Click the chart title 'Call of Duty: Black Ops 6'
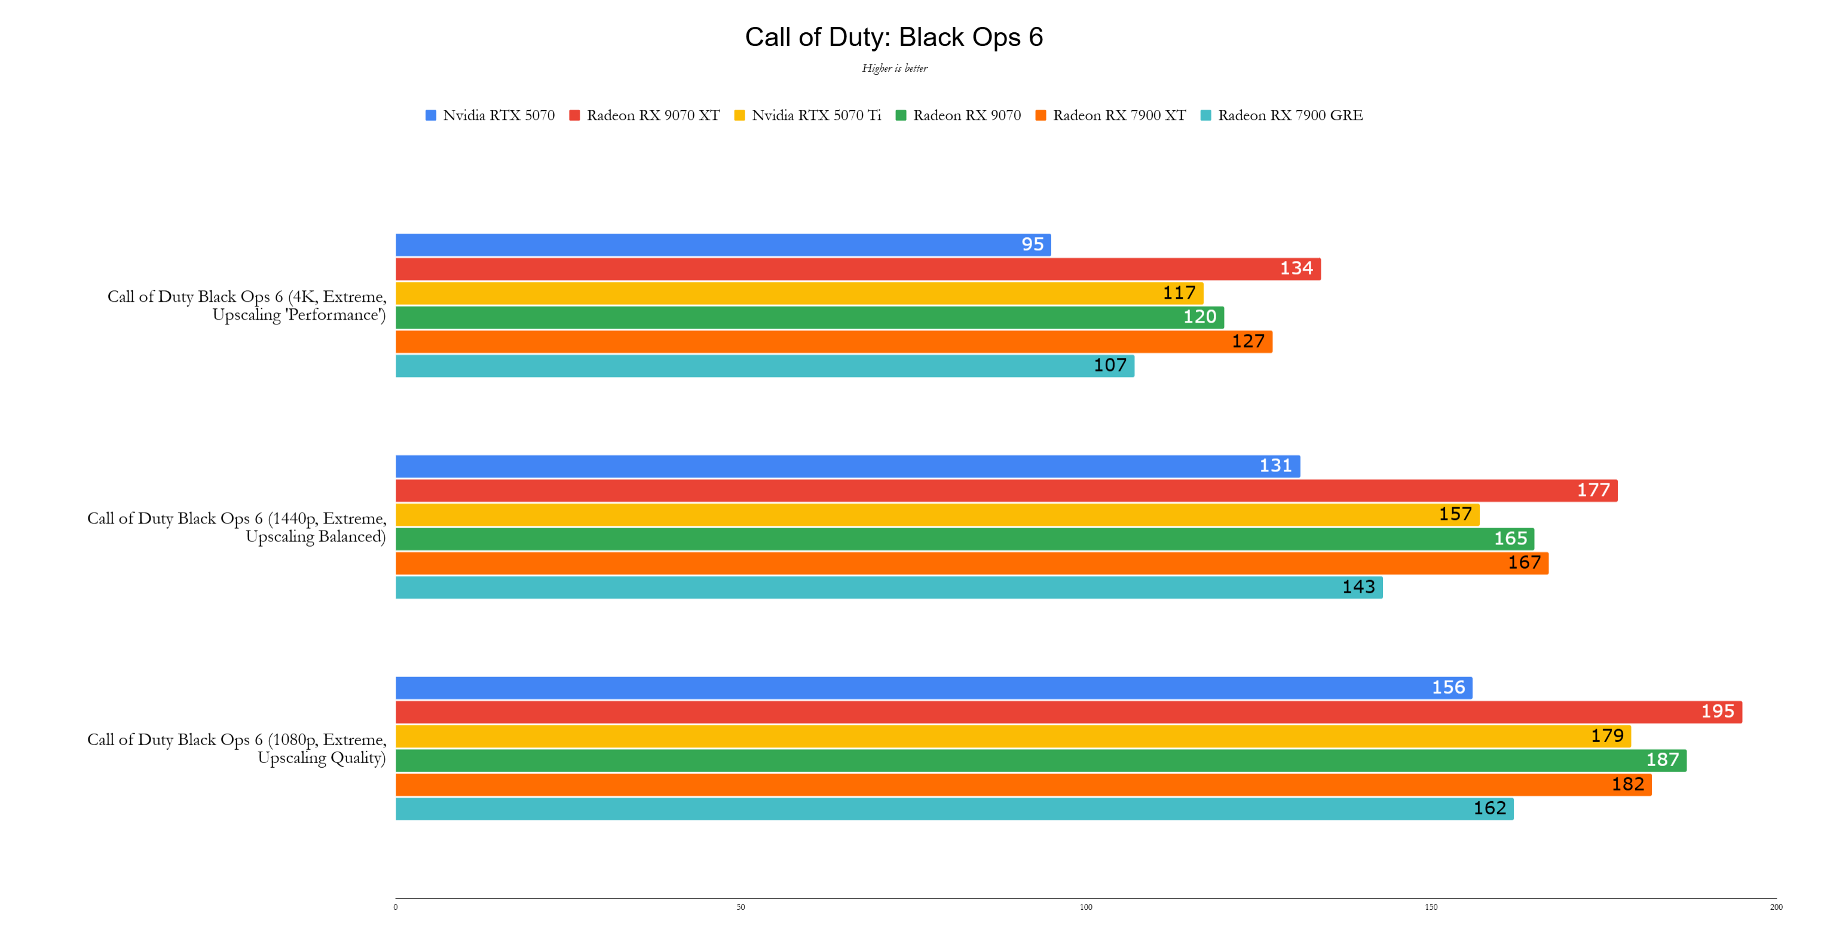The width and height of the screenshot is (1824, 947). pyautogui.click(x=893, y=38)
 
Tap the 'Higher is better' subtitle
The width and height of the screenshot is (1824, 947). pyautogui.click(x=894, y=69)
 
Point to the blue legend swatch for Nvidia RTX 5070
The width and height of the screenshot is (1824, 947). pyautogui.click(x=430, y=115)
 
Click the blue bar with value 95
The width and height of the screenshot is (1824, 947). pyautogui.click(x=722, y=245)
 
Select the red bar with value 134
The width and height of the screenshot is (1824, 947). pyautogui.click(x=857, y=269)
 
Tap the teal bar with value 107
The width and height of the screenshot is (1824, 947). pyautogui.click(x=765, y=366)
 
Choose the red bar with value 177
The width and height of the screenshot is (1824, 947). pyautogui.click(x=1005, y=491)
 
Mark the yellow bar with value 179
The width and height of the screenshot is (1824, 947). pyautogui.click(x=1012, y=736)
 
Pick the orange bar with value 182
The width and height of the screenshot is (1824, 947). pyautogui.click(x=1023, y=784)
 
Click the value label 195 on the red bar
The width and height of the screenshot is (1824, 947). pyautogui.click(x=1717, y=712)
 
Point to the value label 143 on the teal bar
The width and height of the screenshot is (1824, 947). pyautogui.click(x=1358, y=587)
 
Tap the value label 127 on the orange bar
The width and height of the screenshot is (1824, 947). pyautogui.click(x=1248, y=341)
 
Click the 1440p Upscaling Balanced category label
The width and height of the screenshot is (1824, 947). pyautogui.click(x=237, y=528)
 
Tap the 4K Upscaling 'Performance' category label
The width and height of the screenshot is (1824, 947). pyautogui.click(x=246, y=306)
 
